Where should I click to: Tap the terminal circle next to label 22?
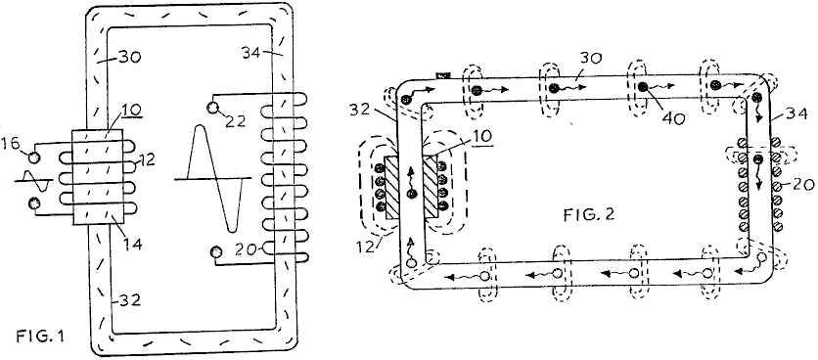point(213,108)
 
